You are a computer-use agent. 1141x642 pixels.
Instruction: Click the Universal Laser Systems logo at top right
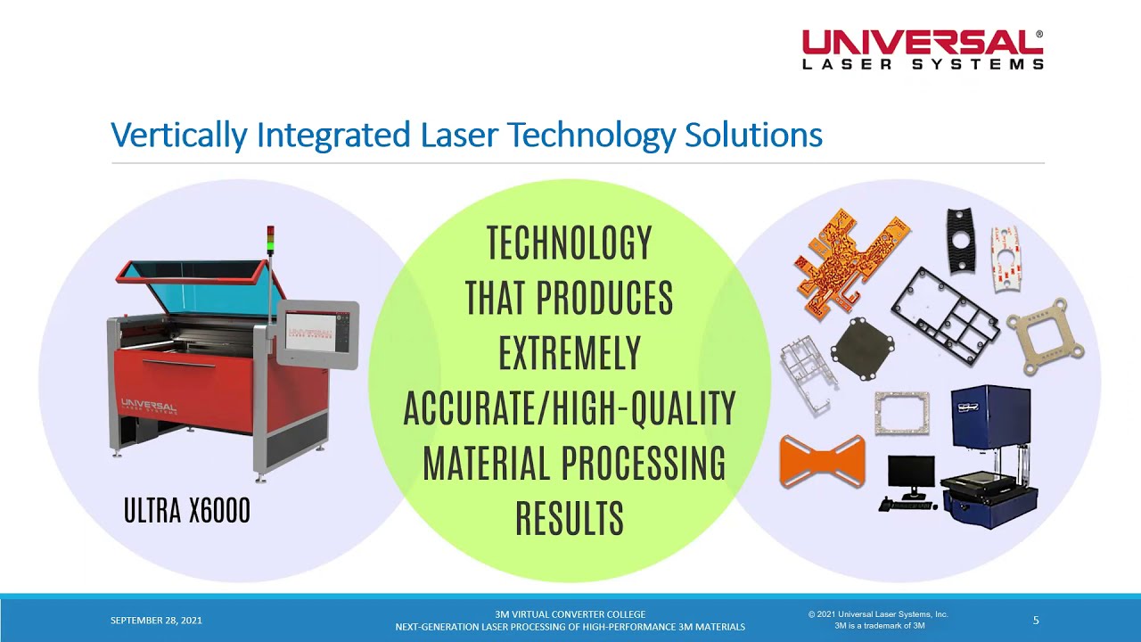(x=923, y=50)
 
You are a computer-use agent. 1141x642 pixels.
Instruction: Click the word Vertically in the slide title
(x=178, y=136)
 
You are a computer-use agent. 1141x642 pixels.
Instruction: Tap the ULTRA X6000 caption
(x=186, y=511)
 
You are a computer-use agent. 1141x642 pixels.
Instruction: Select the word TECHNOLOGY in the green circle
(x=569, y=243)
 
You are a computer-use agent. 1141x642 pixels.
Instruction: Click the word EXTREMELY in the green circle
(x=569, y=354)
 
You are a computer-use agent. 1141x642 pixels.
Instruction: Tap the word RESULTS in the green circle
(x=569, y=519)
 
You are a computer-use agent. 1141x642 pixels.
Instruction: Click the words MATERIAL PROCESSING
(x=573, y=464)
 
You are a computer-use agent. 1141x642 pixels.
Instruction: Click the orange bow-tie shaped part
(x=822, y=460)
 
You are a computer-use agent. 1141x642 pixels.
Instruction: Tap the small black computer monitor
(x=911, y=473)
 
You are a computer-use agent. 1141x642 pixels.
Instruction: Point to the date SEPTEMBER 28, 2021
(x=156, y=621)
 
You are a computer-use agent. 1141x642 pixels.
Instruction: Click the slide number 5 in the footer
(x=1036, y=621)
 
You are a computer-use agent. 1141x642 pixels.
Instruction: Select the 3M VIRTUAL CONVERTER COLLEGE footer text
(x=570, y=614)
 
